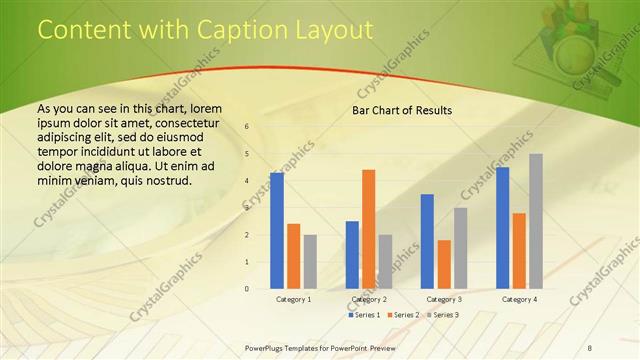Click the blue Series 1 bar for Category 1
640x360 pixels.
(277, 231)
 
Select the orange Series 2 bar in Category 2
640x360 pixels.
(369, 229)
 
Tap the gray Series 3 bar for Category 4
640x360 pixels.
(536, 221)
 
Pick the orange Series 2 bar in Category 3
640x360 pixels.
(444, 264)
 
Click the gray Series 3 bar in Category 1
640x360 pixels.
(310, 262)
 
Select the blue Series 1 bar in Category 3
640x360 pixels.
(427, 241)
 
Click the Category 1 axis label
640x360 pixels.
(293, 299)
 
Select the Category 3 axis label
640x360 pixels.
(444, 299)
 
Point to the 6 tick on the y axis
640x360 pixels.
(247, 127)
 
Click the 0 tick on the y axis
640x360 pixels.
(247, 289)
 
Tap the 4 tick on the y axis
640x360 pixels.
(247, 181)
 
